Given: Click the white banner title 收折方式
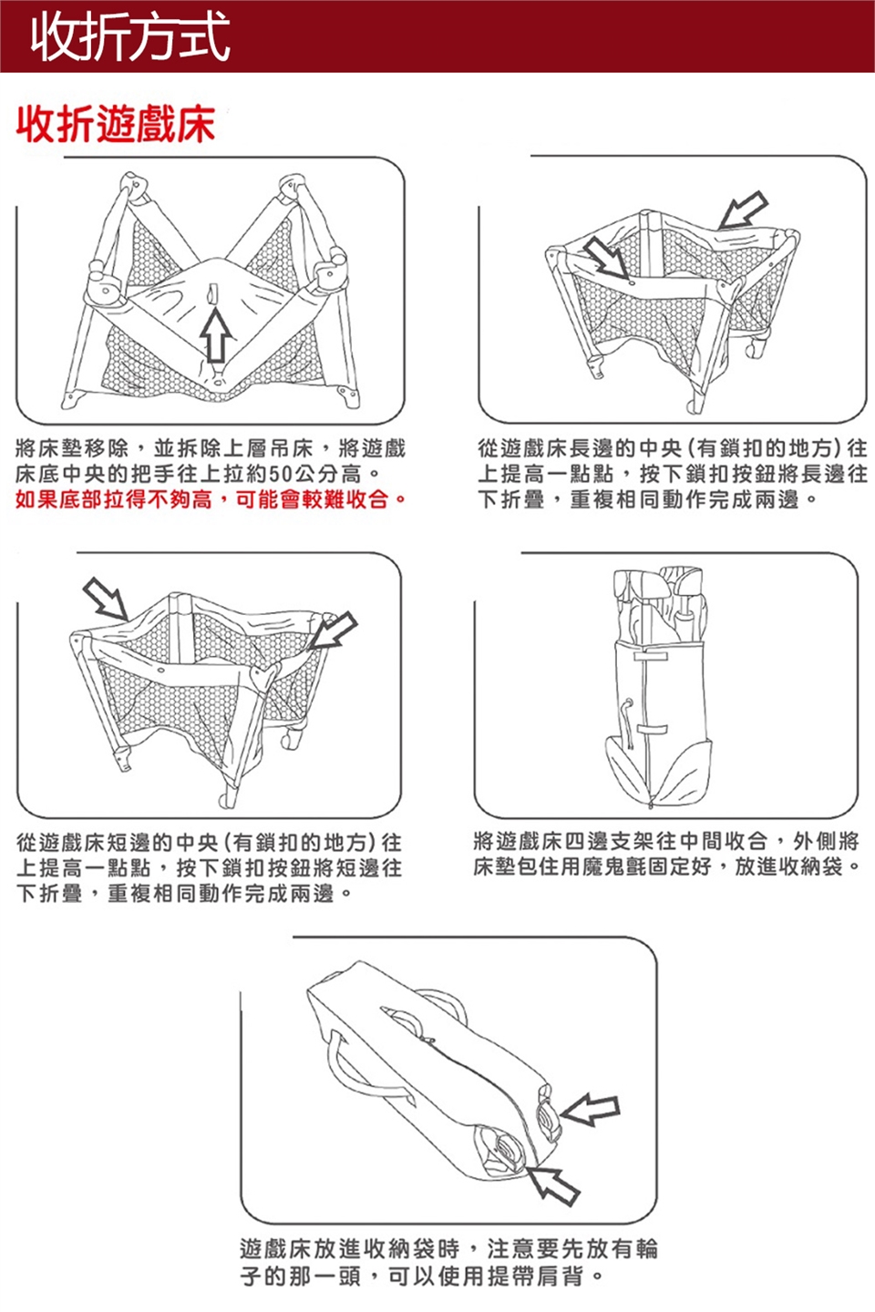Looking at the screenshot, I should click(129, 37).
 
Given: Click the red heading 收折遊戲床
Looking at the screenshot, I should click(116, 124).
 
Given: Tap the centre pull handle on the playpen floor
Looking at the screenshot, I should click(213, 295).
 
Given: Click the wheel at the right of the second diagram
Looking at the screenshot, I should click(756, 348).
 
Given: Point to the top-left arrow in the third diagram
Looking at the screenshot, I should click(106, 599).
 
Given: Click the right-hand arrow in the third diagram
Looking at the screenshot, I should click(332, 630).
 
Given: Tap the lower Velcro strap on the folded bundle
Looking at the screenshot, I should click(651, 727).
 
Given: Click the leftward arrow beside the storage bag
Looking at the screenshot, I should click(591, 1109).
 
